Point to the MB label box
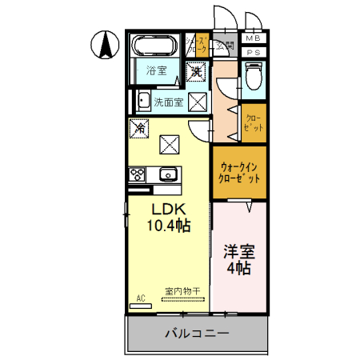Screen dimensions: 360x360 (x=253, y=38)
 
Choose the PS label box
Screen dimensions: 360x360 (x=253, y=52)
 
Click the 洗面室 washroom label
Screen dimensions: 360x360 (x=169, y=102)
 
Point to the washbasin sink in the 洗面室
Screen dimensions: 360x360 (x=142, y=102)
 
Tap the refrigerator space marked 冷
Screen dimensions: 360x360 (x=140, y=127)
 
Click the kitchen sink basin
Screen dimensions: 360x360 (x=168, y=174)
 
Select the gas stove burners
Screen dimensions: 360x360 (x=135, y=174)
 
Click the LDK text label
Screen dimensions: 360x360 (x=168, y=209)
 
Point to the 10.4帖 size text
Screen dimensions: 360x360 (x=168, y=226)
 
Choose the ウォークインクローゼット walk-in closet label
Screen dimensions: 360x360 (x=239, y=174)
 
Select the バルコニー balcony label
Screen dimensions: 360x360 (x=198, y=332)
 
